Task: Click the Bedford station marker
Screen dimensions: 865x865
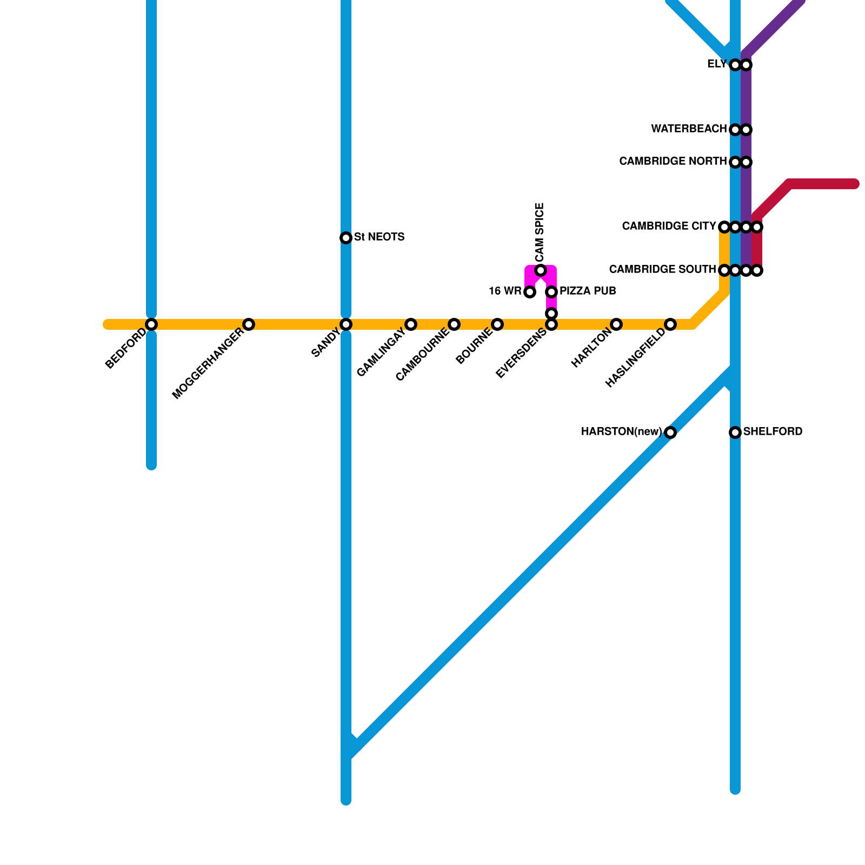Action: pos(151,324)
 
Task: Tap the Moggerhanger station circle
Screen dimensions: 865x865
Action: pos(249,324)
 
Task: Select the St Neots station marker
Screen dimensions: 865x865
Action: pos(346,238)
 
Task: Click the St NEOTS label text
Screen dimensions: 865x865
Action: pos(379,237)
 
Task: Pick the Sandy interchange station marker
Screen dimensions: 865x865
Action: pos(346,324)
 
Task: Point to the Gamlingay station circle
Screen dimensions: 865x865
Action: pos(411,324)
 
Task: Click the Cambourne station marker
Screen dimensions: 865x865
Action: pos(454,324)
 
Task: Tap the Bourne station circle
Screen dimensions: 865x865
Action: pos(497,324)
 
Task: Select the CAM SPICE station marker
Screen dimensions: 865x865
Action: pos(541,270)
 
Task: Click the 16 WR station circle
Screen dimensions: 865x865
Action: pos(530,292)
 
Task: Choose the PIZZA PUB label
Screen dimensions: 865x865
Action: pos(588,291)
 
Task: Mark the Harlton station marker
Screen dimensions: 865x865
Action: pos(616,324)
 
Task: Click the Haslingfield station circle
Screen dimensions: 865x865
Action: pos(670,324)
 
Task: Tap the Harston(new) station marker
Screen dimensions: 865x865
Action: pos(670,432)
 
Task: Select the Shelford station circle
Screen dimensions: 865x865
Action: pos(735,432)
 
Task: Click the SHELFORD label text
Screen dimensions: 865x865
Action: pos(773,432)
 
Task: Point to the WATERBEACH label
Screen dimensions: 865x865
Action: pos(689,129)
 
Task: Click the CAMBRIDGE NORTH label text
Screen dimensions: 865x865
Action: pos(673,162)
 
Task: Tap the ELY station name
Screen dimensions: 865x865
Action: pos(717,64)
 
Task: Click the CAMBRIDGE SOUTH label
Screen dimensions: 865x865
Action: pos(662,270)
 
